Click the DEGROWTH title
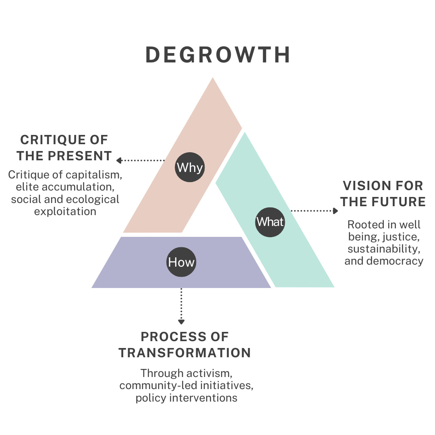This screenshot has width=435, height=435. pos(217,55)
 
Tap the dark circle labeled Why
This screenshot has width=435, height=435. pos(190,167)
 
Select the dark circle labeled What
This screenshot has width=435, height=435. pos(270,222)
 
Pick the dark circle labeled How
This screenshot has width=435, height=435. pos(181,263)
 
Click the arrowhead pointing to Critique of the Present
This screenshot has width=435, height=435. pos(119,160)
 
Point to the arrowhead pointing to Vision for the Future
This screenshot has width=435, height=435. pos(336,211)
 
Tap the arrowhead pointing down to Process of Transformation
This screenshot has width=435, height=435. pos(181,321)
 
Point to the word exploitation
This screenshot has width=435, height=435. pos(65,211)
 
